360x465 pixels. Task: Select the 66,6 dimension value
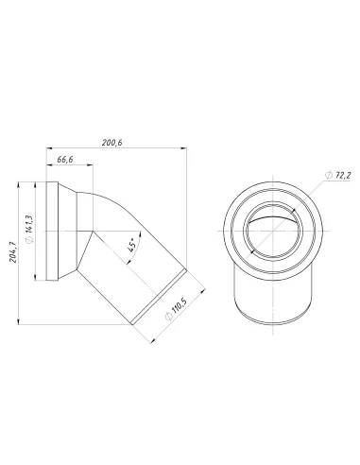[66, 162]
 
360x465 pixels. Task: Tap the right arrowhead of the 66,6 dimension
[92, 169]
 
